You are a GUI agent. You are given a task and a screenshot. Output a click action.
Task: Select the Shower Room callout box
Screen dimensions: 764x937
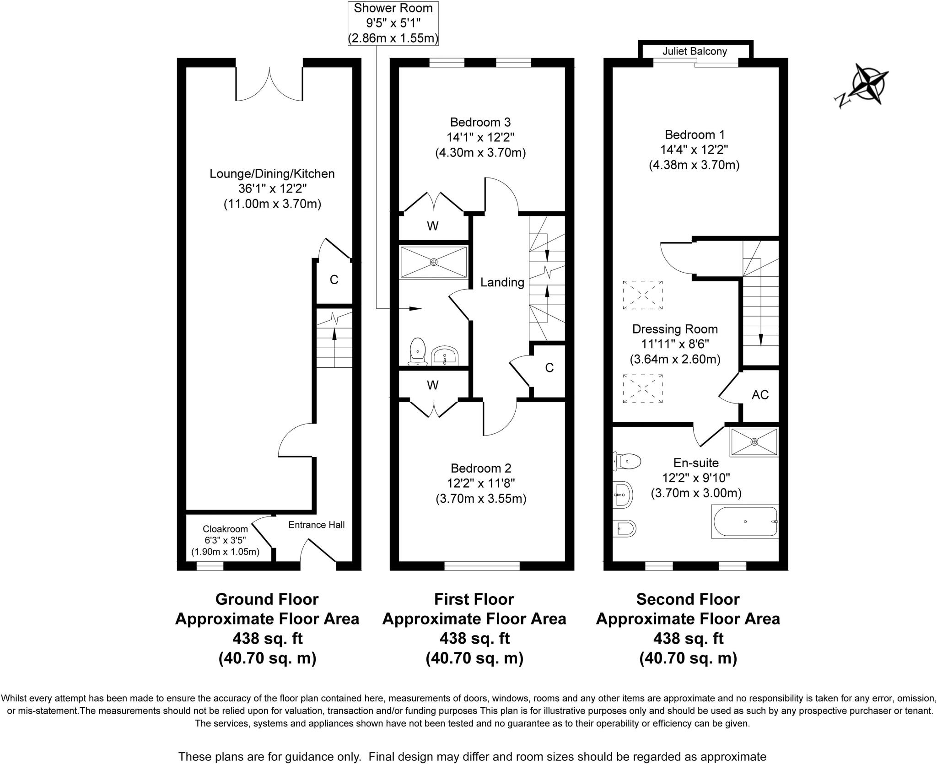point(393,23)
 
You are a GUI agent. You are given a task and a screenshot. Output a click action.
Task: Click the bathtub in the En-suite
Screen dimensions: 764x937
point(745,522)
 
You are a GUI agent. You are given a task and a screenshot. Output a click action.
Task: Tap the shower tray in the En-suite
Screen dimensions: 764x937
point(754,442)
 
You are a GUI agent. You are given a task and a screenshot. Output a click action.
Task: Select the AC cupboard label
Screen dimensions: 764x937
point(760,394)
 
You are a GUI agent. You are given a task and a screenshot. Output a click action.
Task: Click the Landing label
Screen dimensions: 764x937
point(502,282)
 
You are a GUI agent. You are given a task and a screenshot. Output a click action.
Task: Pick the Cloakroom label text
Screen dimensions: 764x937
point(225,529)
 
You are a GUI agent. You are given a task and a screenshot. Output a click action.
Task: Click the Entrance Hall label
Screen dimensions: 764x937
point(316,525)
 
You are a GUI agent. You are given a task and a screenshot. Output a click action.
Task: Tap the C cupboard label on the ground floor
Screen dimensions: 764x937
point(334,280)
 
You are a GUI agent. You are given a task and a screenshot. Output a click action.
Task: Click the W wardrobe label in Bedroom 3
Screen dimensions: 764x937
point(432,226)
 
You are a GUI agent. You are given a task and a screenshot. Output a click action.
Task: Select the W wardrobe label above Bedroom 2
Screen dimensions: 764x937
point(432,385)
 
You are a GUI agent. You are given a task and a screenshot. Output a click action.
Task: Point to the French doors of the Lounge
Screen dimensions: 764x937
point(269,85)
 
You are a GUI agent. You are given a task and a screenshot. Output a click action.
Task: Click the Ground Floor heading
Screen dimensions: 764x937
point(267,599)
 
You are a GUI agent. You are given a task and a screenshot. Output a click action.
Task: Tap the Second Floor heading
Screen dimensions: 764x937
point(688,599)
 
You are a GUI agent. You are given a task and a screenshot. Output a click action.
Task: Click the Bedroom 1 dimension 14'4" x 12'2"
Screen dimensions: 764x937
point(694,150)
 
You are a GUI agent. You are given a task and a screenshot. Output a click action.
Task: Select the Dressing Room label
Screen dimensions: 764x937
point(675,329)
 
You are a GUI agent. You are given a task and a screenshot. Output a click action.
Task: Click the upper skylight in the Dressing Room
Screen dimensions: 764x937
point(642,295)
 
